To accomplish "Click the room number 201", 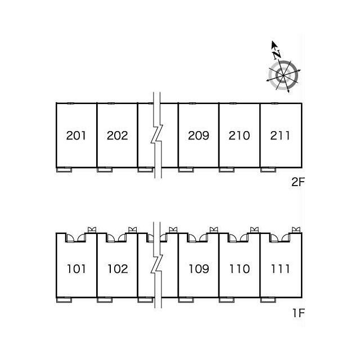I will (x=76, y=136).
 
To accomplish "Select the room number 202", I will (x=117, y=136).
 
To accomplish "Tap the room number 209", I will (x=199, y=136).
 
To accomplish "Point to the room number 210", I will (x=239, y=136).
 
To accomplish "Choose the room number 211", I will (x=280, y=136).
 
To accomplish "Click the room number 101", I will (x=76, y=269).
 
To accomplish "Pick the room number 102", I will (x=117, y=269).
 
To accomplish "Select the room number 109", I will (x=199, y=269).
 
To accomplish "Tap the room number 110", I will (x=239, y=269).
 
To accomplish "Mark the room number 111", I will (x=280, y=269).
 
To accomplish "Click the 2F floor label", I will (x=296, y=182).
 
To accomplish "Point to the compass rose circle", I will (x=282, y=75).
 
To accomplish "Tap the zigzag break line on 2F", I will (x=157, y=136).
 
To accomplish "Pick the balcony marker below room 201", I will (x=65, y=169).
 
